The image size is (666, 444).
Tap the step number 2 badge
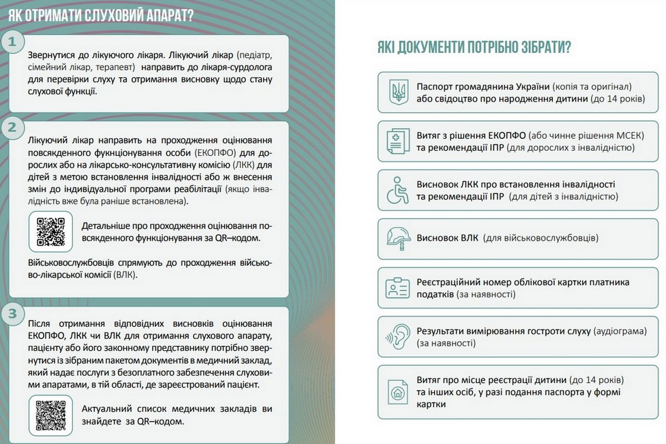[x=12, y=128]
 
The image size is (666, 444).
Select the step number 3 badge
[x=12, y=313]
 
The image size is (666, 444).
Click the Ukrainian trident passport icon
[x=397, y=91]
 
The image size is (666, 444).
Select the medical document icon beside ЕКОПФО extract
[x=397, y=141]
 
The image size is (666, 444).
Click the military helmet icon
[x=397, y=238]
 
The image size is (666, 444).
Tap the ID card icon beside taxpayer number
[x=397, y=287]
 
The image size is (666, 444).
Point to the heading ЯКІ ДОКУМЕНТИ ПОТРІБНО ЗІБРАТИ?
[x=475, y=48]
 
